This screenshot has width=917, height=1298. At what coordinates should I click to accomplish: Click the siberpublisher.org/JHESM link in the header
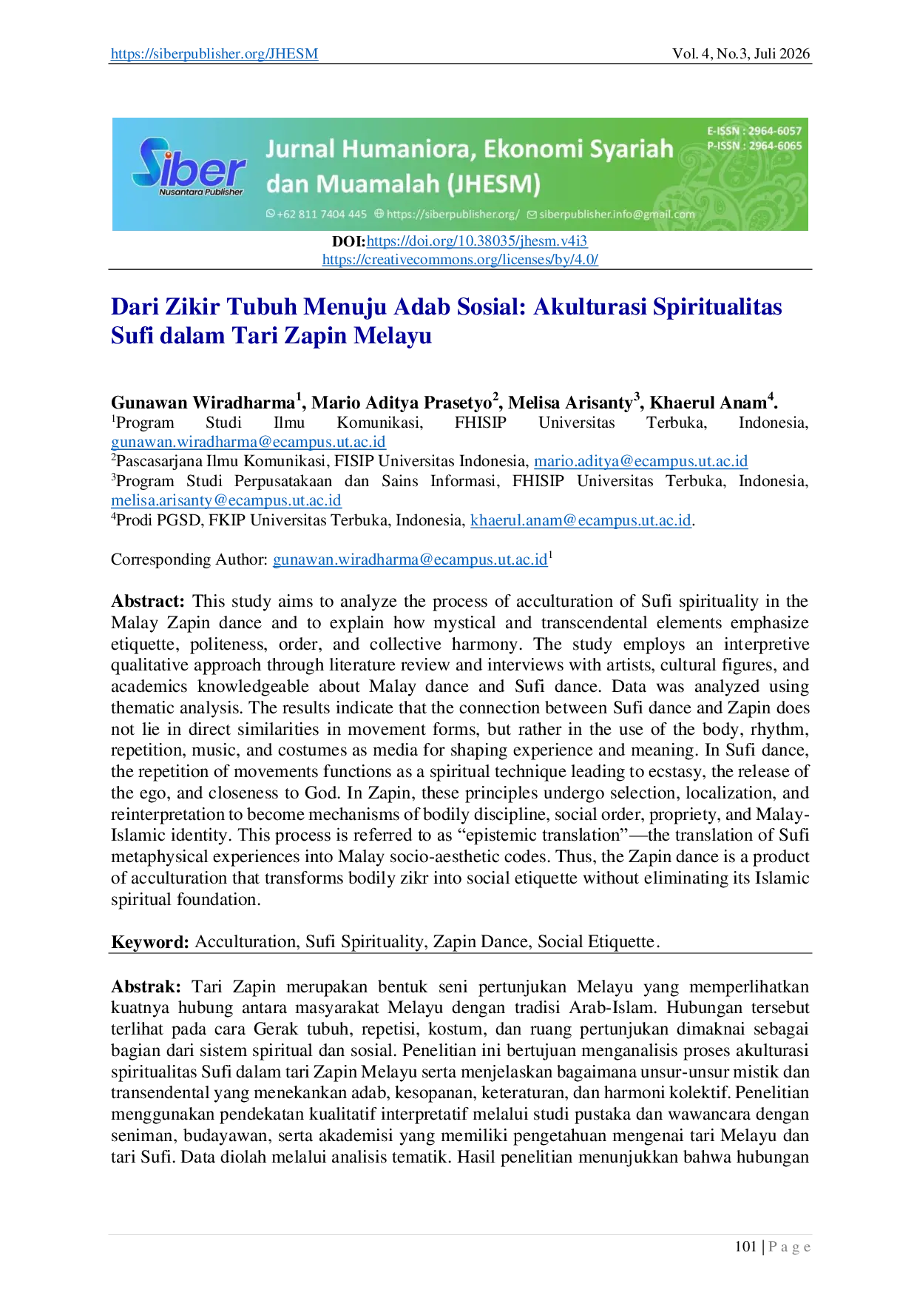[214, 53]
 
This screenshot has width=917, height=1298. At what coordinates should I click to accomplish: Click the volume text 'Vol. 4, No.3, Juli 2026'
[741, 53]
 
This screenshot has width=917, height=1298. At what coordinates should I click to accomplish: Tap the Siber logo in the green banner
[189, 168]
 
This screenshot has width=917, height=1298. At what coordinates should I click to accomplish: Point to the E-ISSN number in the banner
[754, 131]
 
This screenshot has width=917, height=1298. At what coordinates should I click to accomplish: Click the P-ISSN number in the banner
[754, 146]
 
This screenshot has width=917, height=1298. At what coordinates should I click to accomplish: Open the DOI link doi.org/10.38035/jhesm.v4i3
[477, 241]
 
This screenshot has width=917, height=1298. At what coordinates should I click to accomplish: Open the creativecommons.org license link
[460, 259]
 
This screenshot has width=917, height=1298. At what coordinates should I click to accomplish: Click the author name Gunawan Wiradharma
[203, 403]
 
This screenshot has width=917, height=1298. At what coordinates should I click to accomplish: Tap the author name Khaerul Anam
[708, 403]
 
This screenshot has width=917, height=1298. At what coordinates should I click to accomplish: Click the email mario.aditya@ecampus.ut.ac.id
[641, 461]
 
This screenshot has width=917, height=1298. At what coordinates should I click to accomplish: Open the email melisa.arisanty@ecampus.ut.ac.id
[226, 500]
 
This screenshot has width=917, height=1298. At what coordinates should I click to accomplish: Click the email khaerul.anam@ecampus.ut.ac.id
[581, 520]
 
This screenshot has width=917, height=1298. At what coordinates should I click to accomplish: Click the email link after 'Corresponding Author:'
[410, 559]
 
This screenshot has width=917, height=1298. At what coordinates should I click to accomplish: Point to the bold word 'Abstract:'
[148, 601]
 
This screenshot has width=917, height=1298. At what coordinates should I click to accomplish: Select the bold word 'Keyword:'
[151, 942]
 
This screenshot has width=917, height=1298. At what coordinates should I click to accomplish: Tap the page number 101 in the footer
[745, 1247]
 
